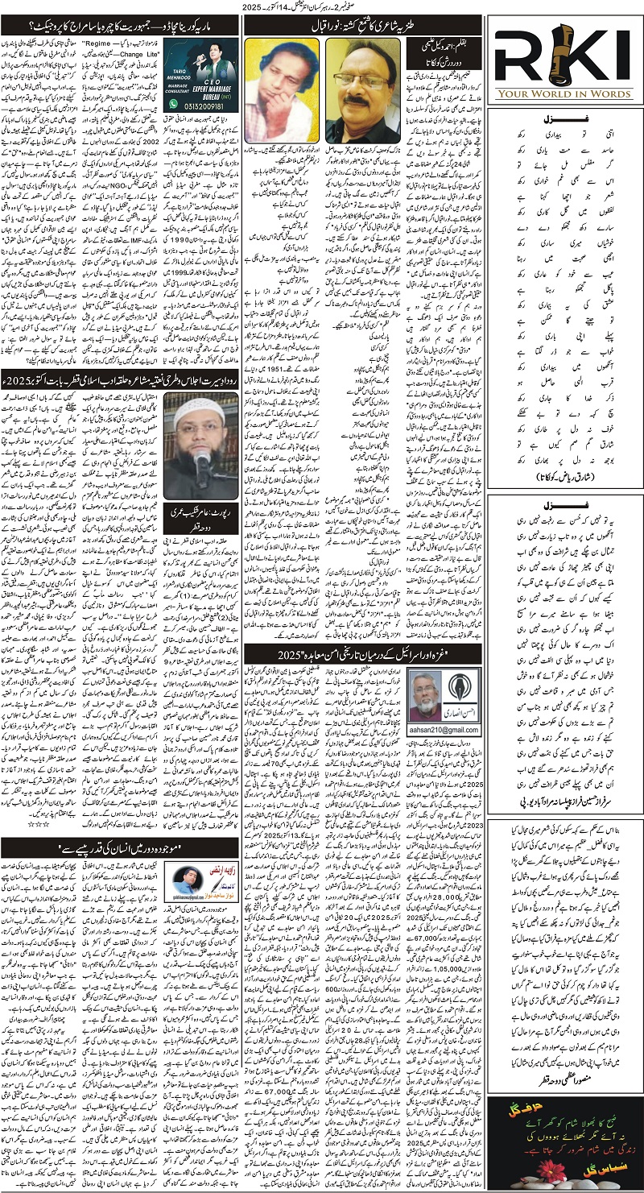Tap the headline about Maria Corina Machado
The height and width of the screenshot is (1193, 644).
[123, 24]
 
